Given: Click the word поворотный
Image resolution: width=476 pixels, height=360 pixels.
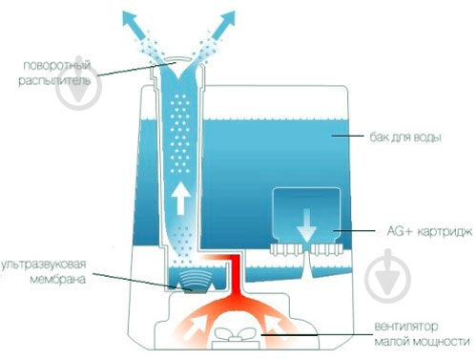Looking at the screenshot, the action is (57, 65).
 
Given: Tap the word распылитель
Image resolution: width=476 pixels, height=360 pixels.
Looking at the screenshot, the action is (54, 80).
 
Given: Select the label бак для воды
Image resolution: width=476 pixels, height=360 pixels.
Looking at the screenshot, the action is (405, 138).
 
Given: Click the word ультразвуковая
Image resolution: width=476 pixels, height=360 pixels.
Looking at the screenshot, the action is (44, 265).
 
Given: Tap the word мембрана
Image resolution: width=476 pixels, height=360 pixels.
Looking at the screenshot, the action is (58, 279).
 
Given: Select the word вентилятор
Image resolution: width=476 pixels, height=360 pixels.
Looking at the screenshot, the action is (406, 327).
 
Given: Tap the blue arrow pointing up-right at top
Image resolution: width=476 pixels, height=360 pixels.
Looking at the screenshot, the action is (224, 24).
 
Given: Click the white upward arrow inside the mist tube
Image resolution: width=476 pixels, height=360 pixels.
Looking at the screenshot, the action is (180, 198).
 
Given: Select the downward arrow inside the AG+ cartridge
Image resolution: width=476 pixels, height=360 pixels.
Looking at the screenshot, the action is (306, 225).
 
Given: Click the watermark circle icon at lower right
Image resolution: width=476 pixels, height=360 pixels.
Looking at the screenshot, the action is (387, 276).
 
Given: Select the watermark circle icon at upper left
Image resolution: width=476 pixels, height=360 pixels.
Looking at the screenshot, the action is (78, 83).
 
